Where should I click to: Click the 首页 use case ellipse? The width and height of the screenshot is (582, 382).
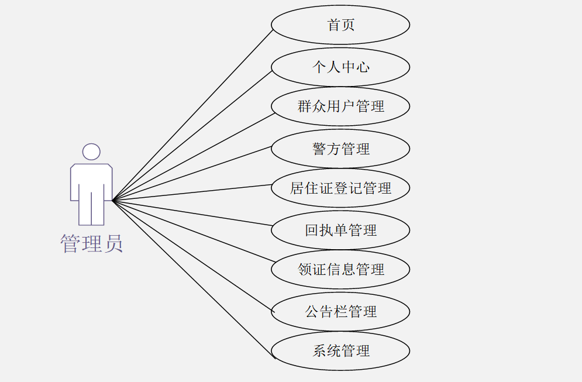point(340,25)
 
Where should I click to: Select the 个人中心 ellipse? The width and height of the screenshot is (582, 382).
point(340,67)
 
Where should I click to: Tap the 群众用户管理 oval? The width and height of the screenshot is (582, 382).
point(340,106)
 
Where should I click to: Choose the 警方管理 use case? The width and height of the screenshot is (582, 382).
point(340,149)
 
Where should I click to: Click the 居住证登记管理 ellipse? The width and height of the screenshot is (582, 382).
point(340,188)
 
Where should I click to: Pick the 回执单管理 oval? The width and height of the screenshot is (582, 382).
point(340,230)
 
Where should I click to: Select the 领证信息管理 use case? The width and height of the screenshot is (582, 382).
point(340,269)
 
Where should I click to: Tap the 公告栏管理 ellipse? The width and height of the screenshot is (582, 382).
point(340,311)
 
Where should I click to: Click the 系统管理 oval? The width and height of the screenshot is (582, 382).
point(340,351)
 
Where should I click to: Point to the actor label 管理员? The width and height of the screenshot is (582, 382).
point(92,243)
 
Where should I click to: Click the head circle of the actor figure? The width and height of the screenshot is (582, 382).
point(91,152)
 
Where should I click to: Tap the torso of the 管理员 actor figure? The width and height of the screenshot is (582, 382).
point(91,181)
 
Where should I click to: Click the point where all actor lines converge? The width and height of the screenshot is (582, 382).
point(113,201)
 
